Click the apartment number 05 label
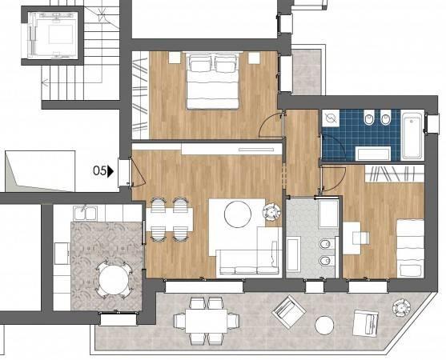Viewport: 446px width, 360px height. click(99, 170)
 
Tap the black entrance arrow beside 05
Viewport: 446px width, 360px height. click(110, 171)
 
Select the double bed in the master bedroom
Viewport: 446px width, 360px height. click(213, 81)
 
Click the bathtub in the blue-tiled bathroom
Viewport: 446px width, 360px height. click(412, 136)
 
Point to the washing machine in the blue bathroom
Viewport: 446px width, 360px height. click(331, 118)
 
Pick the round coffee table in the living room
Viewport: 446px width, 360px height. click(238, 214)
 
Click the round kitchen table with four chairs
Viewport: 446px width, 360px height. click(114, 279)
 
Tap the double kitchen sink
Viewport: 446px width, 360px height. click(86, 213)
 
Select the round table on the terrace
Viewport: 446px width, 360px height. click(324, 326)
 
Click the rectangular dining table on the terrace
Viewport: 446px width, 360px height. click(207, 321)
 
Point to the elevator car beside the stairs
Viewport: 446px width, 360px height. click(52, 35)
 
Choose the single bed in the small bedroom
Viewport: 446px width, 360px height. click(410, 248)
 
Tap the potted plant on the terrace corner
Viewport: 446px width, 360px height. click(401, 308)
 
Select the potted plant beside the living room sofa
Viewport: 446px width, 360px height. click(271, 212)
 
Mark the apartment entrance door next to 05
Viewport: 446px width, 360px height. click(138, 174)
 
